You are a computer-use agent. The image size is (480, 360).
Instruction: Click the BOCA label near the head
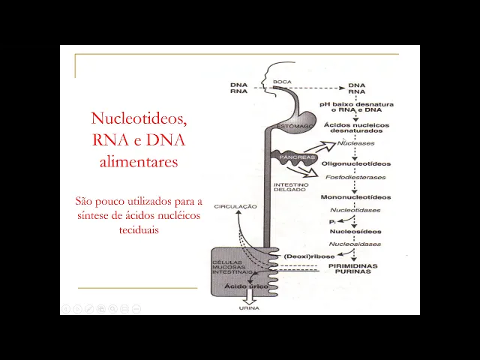click(x=282, y=82)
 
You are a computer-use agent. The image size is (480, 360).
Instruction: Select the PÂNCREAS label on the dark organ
click(x=292, y=159)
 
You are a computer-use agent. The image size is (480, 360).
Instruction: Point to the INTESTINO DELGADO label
click(x=289, y=187)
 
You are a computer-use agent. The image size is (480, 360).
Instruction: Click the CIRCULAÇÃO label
click(x=235, y=205)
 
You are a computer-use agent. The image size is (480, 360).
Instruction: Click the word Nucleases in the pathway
click(x=356, y=142)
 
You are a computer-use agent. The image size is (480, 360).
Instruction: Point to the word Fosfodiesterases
click(x=355, y=178)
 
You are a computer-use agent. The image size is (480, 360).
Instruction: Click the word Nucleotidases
click(x=355, y=211)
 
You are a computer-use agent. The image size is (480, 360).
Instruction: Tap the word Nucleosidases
click(x=355, y=244)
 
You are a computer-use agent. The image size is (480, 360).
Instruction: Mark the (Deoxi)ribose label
click(x=309, y=256)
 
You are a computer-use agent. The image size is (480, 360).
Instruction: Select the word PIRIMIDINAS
click(x=352, y=266)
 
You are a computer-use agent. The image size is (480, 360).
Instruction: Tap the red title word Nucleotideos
click(x=138, y=118)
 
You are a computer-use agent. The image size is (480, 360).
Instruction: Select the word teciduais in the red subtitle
click(x=138, y=230)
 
